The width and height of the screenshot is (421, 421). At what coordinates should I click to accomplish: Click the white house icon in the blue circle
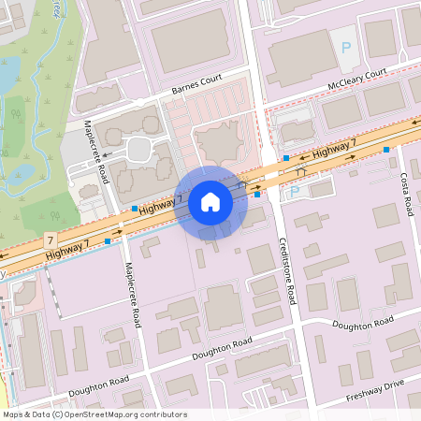click(x=210, y=202)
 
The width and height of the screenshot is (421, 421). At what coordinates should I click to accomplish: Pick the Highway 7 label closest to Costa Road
click(x=334, y=147)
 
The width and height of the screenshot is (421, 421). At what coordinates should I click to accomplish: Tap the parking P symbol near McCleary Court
click(x=346, y=47)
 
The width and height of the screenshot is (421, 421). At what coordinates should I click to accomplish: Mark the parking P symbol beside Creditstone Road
click(x=295, y=191)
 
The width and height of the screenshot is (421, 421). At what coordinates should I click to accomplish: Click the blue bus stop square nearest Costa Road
click(x=385, y=149)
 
